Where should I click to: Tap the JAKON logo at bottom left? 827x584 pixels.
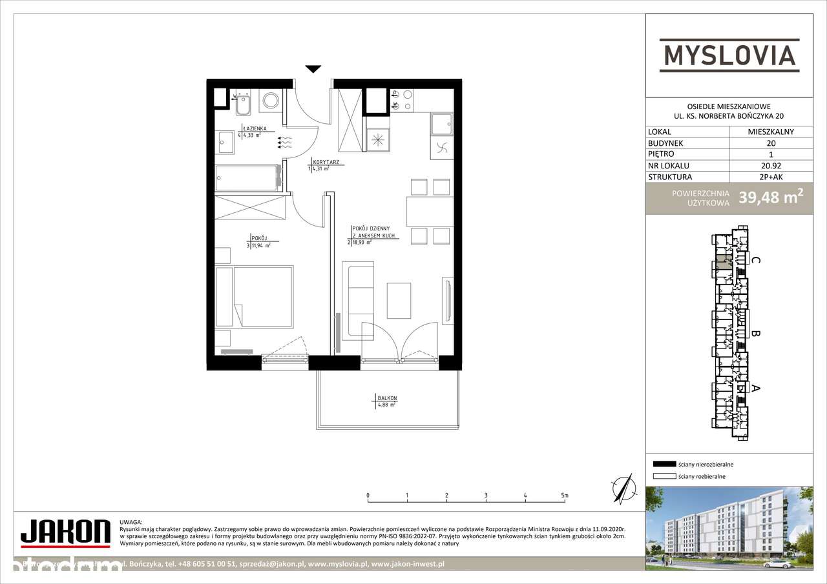pos(65,532)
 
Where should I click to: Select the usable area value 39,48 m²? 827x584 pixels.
pos(771,197)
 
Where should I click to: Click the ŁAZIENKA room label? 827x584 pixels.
pos(252,128)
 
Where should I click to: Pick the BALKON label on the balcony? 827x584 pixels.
pos(387,398)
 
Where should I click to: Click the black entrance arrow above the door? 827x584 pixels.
pos(313,69)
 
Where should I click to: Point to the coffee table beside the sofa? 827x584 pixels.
pos(399,301)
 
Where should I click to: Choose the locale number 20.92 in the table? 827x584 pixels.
pos(770,166)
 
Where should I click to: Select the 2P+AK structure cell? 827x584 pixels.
pos(770,177)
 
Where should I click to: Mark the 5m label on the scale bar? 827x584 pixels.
pos(565,496)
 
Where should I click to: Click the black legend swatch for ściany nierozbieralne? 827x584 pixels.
pos(664,464)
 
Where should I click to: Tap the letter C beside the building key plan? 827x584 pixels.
pos(755,260)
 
